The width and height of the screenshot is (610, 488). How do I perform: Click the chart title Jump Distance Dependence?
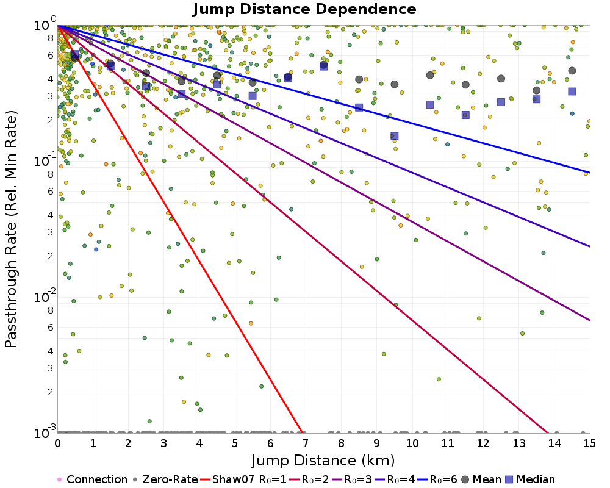[x=304, y=10]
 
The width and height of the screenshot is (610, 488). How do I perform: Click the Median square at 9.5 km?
[x=395, y=136]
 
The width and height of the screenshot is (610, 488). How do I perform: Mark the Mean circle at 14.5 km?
[x=572, y=71]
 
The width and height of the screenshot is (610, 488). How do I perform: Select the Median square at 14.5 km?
[x=572, y=91]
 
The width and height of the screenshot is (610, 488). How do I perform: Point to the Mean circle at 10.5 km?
[x=430, y=75]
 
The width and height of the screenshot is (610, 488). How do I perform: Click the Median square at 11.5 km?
[x=465, y=115]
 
